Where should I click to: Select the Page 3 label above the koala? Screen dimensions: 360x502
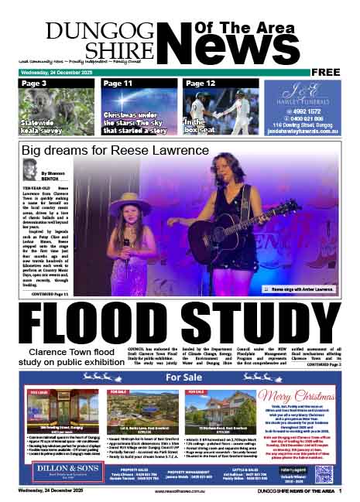35,83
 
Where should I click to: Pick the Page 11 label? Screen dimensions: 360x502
118,83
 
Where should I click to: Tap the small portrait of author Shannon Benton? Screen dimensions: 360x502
30,169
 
